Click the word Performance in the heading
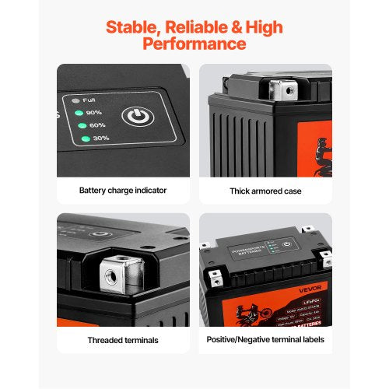tap(194, 44)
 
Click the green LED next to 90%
tap(79, 113)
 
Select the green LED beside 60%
tap(79, 126)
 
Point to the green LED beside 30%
tap(85, 139)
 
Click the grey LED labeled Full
tap(75, 100)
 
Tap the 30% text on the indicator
tap(100, 139)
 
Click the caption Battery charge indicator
tap(123, 189)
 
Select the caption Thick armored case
tap(265, 189)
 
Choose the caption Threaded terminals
tap(123, 339)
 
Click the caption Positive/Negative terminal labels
tap(265, 339)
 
